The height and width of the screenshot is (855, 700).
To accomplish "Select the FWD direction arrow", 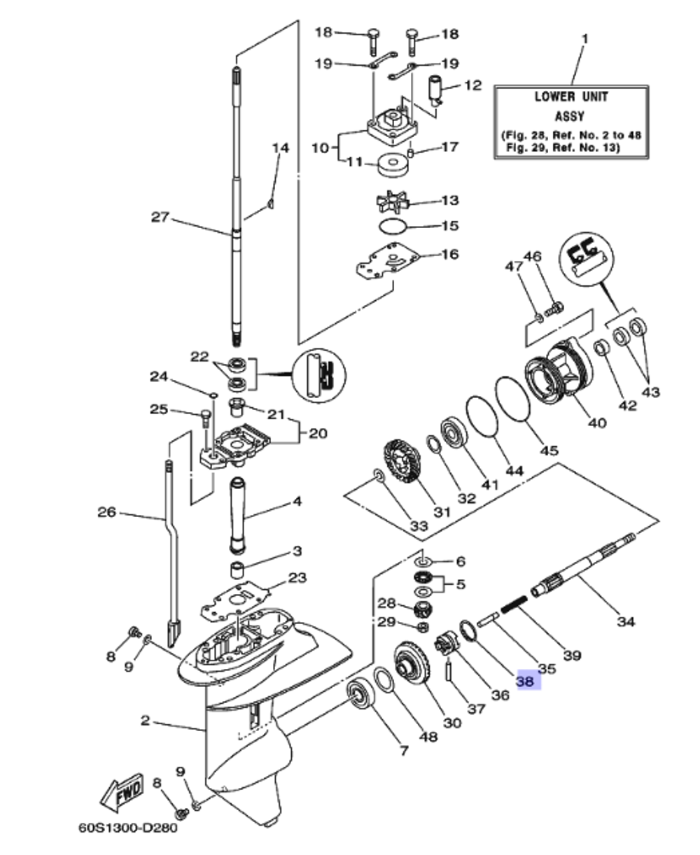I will click(x=122, y=791).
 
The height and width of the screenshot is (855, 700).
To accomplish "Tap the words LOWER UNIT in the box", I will click(x=571, y=97).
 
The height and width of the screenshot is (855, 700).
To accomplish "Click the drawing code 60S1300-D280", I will click(x=128, y=828).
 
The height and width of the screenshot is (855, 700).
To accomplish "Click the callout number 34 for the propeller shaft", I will click(x=625, y=621).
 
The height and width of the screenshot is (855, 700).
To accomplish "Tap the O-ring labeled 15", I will click(x=393, y=227).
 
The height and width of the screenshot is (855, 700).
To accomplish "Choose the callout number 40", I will click(x=597, y=423).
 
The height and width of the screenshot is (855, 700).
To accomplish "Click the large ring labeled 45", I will click(x=514, y=400).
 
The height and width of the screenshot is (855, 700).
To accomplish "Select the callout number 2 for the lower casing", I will click(x=145, y=720).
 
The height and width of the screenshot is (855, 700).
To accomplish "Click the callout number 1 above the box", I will click(x=586, y=37).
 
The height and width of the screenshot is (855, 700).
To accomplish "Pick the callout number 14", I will click(x=280, y=148).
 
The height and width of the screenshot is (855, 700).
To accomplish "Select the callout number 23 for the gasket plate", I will click(x=297, y=578).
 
